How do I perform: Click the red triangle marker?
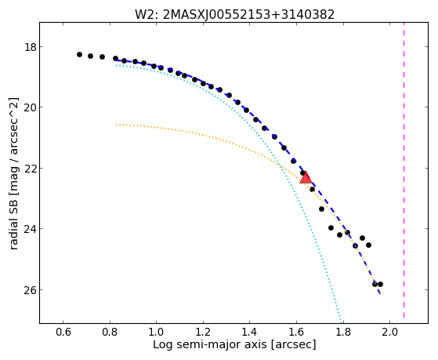pos(306,177)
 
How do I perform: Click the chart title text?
pos(234,15)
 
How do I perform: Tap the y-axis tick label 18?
pos(31,47)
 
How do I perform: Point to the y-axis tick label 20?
pos(31,107)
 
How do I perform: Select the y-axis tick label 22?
pos(31,168)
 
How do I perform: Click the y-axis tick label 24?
pos(31,229)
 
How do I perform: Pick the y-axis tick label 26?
pos(31,289)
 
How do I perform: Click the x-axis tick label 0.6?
pos(63,332)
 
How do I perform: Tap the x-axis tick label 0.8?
pos(110,332)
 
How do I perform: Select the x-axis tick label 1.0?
pos(157,332)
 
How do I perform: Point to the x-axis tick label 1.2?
pos(203,332)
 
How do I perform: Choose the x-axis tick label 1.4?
pos(250,332)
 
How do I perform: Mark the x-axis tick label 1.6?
pos(297,332)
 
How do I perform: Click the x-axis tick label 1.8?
pos(343,332)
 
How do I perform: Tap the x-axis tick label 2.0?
pos(390,332)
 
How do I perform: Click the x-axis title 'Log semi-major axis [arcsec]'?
pos(234,345)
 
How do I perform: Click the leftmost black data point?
pos(79,54)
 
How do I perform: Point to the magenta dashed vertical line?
pos(404,171)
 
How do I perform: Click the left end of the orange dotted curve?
pos(116,124)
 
